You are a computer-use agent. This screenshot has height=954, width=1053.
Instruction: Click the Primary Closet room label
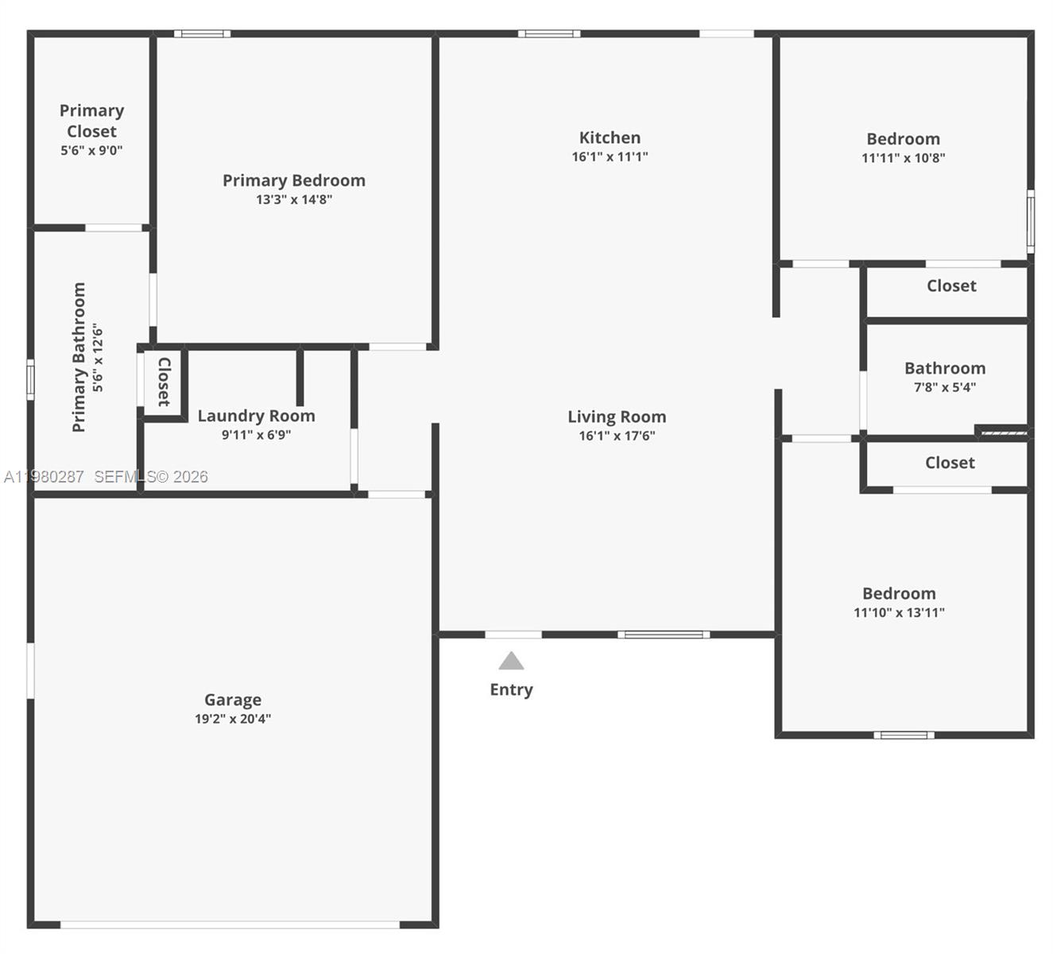[91, 121]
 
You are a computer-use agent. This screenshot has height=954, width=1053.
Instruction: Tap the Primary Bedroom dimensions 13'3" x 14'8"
[293, 200]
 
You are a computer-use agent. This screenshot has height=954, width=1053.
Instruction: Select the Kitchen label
[610, 138]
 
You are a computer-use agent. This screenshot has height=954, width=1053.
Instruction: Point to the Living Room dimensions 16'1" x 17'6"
[617, 436]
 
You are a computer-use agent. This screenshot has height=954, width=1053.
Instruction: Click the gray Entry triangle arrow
[511, 661]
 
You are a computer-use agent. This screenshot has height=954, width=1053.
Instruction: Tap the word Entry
[511, 689]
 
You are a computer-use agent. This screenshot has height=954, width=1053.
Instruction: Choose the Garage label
[233, 700]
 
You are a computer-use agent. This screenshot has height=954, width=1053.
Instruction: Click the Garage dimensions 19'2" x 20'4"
[233, 719]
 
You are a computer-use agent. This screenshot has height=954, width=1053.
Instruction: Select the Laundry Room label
[256, 416]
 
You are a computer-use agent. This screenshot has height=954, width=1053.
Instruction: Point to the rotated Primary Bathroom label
[79, 357]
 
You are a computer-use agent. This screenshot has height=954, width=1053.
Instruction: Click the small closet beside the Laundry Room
[164, 382]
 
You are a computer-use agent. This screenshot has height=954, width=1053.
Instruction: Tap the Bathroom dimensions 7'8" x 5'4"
[944, 387]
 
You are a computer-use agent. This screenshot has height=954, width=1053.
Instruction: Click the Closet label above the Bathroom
[951, 285]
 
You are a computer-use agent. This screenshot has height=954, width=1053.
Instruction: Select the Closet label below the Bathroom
[950, 463]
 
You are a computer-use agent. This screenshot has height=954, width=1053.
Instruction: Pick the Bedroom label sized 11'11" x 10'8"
[903, 139]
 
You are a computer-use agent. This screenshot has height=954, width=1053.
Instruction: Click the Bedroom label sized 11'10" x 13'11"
[899, 594]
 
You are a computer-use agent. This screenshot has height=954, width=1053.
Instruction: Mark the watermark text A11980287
[44, 477]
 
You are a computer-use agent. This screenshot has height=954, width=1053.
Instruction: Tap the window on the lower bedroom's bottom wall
[904, 735]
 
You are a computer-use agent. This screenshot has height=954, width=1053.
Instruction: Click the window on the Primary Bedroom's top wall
[202, 34]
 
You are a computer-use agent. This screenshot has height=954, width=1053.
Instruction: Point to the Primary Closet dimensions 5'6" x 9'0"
[91, 150]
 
